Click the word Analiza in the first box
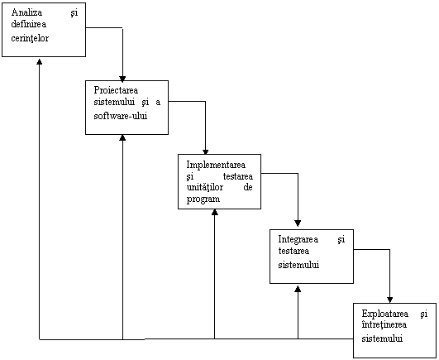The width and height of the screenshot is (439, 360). coord(27,12)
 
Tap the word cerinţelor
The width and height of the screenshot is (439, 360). coord(30,38)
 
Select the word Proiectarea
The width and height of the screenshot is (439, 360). coord(116,90)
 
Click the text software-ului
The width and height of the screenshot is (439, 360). coord(121,116)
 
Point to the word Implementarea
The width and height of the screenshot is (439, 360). coord(216,165)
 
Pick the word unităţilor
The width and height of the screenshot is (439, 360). coord(205,187)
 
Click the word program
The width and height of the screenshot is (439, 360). coord(203,199)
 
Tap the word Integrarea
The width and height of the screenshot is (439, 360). coord(298,239)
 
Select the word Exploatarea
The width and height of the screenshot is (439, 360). coord(385,314)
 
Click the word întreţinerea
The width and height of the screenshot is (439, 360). coord(384,324)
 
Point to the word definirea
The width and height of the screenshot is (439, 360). coord(29,24)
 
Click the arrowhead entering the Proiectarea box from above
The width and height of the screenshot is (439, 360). coord(122,79)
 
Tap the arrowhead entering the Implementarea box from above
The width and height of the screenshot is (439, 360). coord(206,152)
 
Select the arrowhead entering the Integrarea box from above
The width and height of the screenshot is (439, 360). coord(298,223)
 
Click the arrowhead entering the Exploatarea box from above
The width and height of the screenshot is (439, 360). coord(389,300)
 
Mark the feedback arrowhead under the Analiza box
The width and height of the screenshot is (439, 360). coord(40,61)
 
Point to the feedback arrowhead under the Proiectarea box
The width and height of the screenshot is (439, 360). coord(122,137)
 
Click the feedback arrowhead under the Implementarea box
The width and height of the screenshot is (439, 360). coord(215,212)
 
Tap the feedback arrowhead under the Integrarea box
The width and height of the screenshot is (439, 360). coord(298,289)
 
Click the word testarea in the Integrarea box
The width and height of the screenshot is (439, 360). coord(293,251)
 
